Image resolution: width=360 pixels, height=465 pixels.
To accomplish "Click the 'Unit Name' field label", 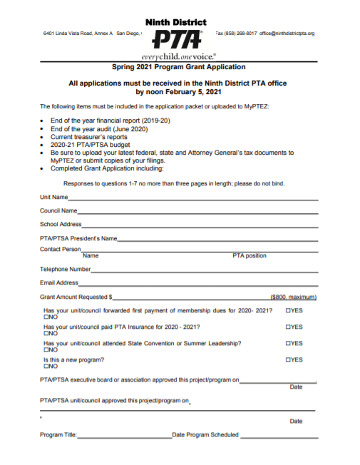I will coord(54,197).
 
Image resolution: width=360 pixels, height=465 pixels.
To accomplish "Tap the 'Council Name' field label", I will coord(59,211).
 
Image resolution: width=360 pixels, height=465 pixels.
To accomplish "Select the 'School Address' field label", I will coord(61,225).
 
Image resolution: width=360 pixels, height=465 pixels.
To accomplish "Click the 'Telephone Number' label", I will coord(66,270).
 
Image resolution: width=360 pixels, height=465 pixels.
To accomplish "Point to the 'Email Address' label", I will coord(59,283).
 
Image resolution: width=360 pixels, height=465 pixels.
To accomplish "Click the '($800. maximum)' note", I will coord(293,297).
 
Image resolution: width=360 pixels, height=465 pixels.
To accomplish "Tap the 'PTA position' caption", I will coord(250,255).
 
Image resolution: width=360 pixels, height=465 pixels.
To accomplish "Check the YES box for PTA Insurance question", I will coord(288,327).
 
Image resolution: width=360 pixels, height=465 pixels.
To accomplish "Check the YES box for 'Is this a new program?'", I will coord(288,360).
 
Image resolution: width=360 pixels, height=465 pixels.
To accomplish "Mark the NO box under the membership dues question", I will coord(47,317).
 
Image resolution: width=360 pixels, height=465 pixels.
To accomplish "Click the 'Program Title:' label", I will coord(58,435).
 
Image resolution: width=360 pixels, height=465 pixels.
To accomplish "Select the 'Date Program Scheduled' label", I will coord(205,435).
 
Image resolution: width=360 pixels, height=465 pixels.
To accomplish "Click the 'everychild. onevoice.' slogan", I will coord(178,56).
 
